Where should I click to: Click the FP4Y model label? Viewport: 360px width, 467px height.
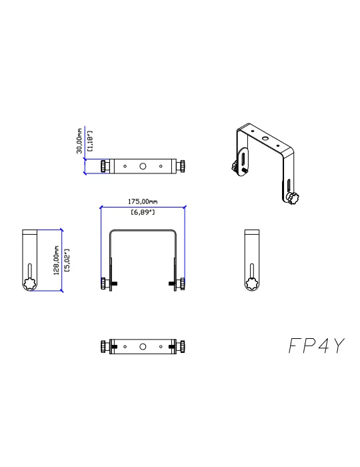click(x=317, y=346)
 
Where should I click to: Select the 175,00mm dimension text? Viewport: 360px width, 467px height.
click(x=143, y=201)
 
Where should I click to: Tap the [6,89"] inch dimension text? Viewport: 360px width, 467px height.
click(x=143, y=212)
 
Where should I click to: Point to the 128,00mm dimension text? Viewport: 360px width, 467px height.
click(x=56, y=260)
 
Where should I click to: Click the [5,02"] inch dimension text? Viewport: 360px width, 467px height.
click(x=67, y=260)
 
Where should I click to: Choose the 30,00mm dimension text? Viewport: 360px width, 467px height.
click(x=79, y=141)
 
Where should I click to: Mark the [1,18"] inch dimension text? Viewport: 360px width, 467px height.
click(x=90, y=141)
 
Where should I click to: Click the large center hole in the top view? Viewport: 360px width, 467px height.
click(x=143, y=166)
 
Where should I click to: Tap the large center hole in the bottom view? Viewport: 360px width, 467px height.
click(x=143, y=347)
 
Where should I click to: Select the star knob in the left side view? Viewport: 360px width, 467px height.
click(x=30, y=284)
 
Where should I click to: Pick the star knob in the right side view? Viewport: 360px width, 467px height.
click(x=252, y=284)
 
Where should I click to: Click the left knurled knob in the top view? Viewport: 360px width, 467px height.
click(x=105, y=166)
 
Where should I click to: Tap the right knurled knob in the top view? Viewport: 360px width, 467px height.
click(x=181, y=166)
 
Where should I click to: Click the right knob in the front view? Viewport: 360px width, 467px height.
click(x=181, y=284)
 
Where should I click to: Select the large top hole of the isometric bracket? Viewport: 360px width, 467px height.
click(x=265, y=138)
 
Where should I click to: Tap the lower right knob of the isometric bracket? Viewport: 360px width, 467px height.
click(x=292, y=198)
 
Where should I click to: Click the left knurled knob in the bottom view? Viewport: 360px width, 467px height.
click(x=105, y=347)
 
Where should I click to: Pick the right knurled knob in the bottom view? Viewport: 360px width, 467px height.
click(x=181, y=347)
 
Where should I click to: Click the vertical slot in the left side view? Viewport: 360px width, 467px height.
click(x=30, y=271)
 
